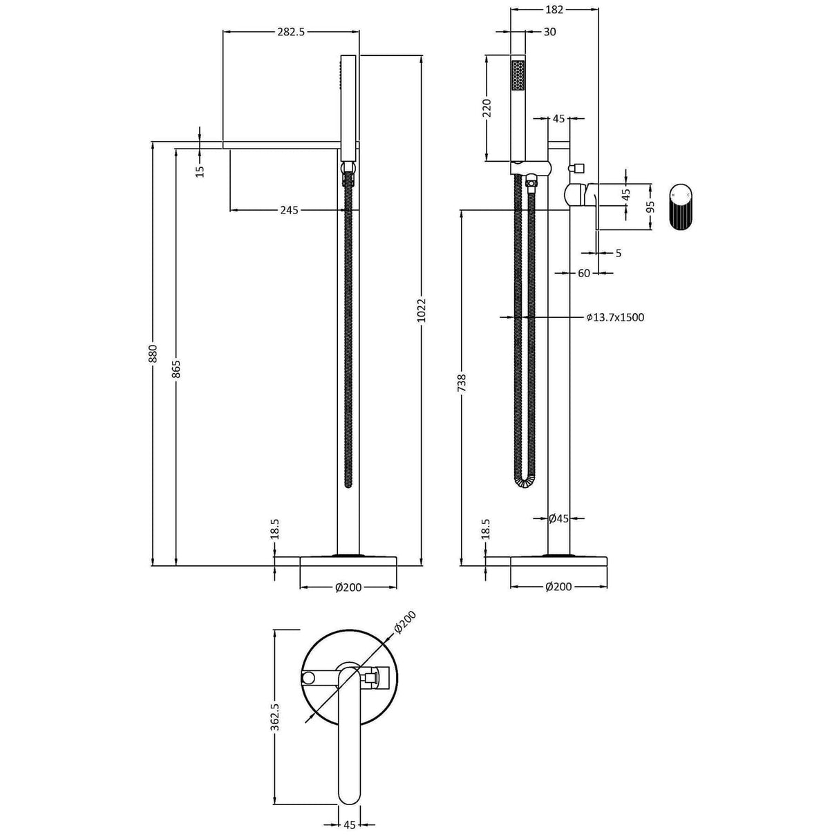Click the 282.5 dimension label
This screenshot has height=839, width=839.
click(x=290, y=31)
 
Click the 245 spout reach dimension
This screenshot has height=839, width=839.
click(x=290, y=209)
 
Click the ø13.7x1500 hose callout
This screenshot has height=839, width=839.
click(x=615, y=317)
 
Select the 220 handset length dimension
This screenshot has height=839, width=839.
click(x=487, y=109)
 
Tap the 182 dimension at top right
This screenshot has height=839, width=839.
click(x=554, y=9)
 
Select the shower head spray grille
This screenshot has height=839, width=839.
click(x=518, y=75)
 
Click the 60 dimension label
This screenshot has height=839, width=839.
click(x=584, y=273)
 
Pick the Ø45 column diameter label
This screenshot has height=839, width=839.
click(x=558, y=518)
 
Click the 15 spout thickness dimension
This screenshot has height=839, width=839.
click(x=200, y=171)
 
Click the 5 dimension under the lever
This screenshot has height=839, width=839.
click(x=618, y=254)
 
